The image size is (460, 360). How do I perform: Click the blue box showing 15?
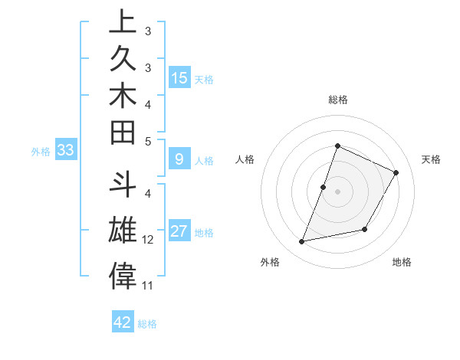(x=179, y=78)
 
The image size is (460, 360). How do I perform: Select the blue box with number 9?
(x=179, y=159)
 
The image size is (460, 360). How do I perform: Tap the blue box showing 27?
(x=179, y=231)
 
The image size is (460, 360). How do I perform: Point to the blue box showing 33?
(x=65, y=151)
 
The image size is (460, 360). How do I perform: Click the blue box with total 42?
(x=123, y=322)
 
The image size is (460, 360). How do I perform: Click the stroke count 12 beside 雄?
(x=148, y=240)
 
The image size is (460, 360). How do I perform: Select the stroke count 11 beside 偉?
(x=148, y=286)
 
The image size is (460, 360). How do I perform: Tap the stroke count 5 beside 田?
(x=148, y=141)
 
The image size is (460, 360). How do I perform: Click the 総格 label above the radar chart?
(x=337, y=100)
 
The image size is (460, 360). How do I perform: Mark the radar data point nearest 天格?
(x=396, y=172)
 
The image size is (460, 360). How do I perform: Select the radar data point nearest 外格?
(x=302, y=242)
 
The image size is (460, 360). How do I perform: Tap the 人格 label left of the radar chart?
(x=245, y=159)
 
